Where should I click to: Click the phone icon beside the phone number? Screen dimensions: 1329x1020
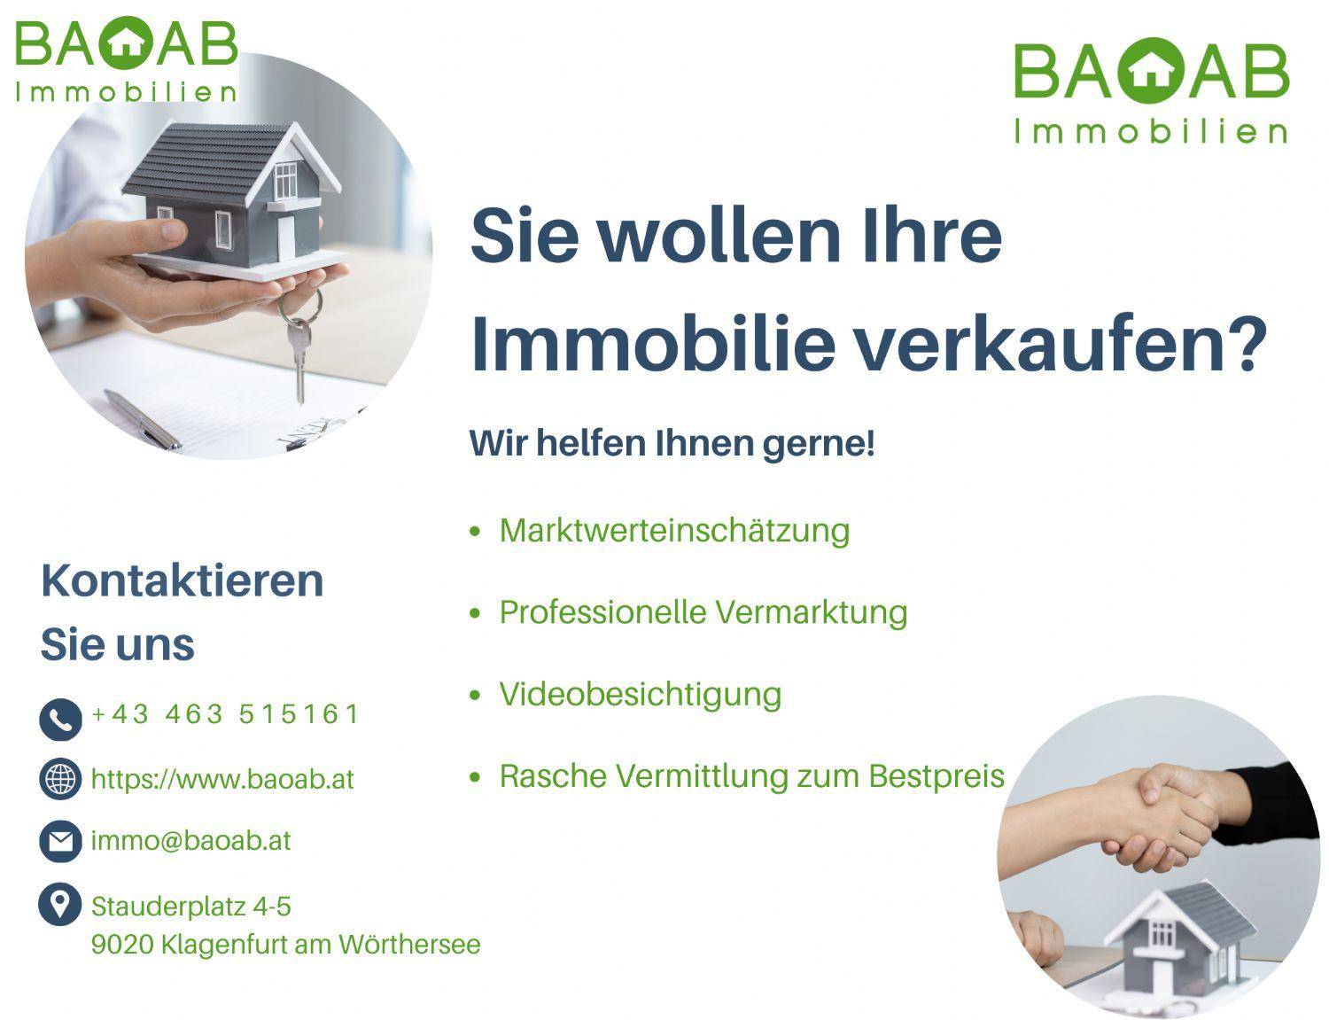click(x=60, y=719)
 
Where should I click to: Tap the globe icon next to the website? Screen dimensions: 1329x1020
click(x=60, y=778)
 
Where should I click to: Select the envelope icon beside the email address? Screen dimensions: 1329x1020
click(x=60, y=842)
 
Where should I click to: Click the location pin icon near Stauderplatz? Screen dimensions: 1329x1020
click(x=60, y=904)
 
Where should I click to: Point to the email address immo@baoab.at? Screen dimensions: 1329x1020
click(x=190, y=841)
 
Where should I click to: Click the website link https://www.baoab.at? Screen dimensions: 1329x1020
click(x=222, y=779)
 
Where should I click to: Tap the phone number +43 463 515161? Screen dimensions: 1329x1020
click(x=224, y=713)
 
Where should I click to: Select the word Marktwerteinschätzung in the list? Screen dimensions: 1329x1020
click(x=674, y=530)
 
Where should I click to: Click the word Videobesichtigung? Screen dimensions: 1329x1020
click(x=641, y=695)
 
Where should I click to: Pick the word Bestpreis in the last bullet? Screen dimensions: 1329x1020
click(x=937, y=776)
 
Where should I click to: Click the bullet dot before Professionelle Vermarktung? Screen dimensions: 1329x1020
click(x=475, y=612)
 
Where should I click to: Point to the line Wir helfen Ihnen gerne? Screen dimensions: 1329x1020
click(x=672, y=444)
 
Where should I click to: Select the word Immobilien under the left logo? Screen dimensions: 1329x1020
click(x=126, y=92)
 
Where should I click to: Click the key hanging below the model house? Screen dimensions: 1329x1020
click(x=299, y=347)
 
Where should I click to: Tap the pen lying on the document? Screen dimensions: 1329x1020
click(x=143, y=419)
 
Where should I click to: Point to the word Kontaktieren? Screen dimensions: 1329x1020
click(x=183, y=581)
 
